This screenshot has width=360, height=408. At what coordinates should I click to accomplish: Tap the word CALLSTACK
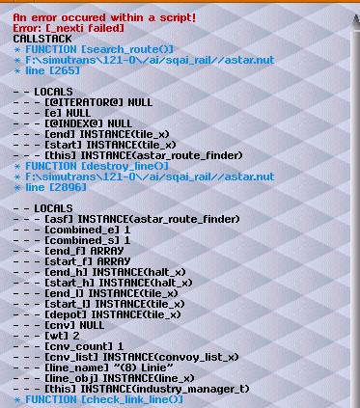point(42,39)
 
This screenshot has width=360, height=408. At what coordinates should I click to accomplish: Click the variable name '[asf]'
point(59,219)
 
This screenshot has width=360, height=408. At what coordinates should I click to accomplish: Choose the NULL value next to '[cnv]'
point(92,325)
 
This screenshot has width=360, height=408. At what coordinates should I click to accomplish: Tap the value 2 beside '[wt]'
point(76,336)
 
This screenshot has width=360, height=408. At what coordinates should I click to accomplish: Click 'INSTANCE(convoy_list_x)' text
point(171,357)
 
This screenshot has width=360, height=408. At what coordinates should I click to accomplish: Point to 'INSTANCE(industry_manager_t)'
point(165,389)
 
